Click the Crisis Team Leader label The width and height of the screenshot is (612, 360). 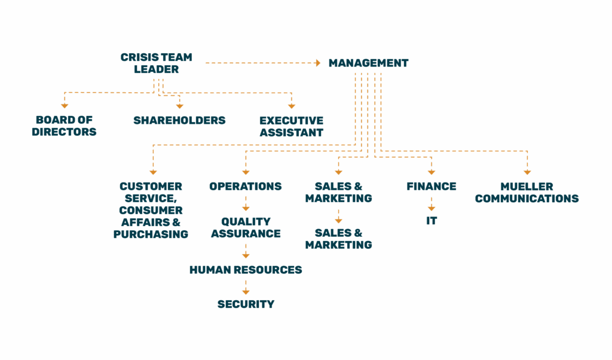pyautogui.click(x=156, y=63)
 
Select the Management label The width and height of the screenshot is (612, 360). pyautogui.click(x=368, y=63)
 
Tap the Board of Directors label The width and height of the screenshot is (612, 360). pyautogui.click(x=64, y=126)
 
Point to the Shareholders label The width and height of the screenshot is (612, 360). pyautogui.click(x=179, y=120)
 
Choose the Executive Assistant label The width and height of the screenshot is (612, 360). pyautogui.click(x=291, y=126)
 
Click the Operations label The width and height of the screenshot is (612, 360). pyautogui.click(x=245, y=186)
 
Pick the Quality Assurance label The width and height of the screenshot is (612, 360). pyautogui.click(x=246, y=227)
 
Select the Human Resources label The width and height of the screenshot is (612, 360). pyautogui.click(x=246, y=270)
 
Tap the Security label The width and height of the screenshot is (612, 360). pyautogui.click(x=246, y=304)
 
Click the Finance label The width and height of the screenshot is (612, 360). pyautogui.click(x=432, y=186)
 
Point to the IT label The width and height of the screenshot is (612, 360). pyautogui.click(x=432, y=221)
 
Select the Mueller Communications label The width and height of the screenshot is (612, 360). pyautogui.click(x=527, y=192)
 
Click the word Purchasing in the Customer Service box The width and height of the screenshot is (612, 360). pyautogui.click(x=151, y=234)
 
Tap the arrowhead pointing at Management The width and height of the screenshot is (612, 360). pyautogui.click(x=318, y=63)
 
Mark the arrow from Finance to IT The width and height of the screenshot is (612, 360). pyautogui.click(x=432, y=204)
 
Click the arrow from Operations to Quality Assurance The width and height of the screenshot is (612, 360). pyautogui.click(x=246, y=204)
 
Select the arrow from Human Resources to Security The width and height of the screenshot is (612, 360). pyautogui.click(x=246, y=287)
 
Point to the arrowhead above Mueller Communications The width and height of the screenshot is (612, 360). pyautogui.click(x=527, y=172)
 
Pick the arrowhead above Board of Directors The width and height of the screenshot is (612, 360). pyautogui.click(x=65, y=106)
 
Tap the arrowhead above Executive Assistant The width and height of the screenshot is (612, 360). pyautogui.click(x=292, y=106)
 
